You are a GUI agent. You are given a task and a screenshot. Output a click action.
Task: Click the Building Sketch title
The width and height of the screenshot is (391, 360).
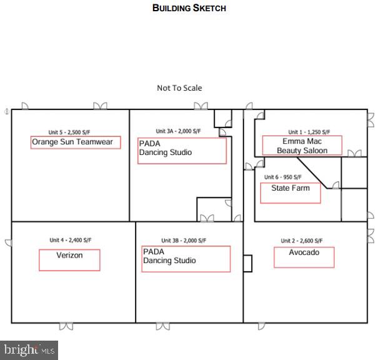189,8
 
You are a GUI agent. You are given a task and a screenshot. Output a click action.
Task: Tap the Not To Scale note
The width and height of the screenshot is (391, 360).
179,88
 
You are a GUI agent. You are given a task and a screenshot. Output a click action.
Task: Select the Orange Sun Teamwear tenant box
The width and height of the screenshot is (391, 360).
76,142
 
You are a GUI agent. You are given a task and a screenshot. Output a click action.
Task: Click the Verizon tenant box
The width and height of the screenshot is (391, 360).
69,259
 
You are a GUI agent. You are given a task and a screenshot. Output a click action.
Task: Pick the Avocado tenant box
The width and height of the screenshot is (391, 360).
304,257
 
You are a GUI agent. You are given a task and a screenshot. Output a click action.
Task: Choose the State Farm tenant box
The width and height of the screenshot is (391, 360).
290,192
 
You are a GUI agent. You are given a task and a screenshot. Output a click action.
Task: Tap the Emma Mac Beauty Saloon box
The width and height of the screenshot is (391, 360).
302,146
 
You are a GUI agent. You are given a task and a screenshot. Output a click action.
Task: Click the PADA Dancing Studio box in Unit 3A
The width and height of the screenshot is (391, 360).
182,151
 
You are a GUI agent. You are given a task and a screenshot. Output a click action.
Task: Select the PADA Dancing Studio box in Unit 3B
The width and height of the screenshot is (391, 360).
186,259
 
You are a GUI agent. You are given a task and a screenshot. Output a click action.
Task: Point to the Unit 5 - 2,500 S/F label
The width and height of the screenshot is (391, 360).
71,132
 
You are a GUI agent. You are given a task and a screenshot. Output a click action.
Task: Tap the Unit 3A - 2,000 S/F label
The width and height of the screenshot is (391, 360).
178,131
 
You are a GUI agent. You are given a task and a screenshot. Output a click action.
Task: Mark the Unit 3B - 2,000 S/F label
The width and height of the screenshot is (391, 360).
184,241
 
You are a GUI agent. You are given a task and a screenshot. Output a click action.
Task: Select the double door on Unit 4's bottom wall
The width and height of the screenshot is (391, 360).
66,326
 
